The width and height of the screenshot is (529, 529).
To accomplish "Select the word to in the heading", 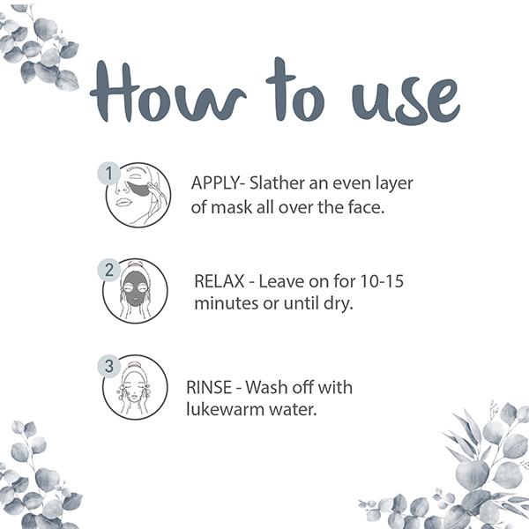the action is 295,90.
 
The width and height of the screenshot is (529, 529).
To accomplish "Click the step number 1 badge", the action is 108,174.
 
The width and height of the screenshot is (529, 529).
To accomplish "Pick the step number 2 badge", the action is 108,270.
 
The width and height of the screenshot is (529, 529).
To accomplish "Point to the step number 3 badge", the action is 108,366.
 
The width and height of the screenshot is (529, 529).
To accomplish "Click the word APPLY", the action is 215,183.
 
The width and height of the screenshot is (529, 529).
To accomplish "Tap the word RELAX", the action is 220,281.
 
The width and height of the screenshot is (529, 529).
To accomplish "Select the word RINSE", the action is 209,387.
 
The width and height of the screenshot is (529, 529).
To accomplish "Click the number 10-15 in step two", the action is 382,281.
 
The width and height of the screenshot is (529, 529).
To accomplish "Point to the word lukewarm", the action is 226,409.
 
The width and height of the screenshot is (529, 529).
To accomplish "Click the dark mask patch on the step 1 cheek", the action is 139,190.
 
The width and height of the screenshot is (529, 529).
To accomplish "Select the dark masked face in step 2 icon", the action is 135,288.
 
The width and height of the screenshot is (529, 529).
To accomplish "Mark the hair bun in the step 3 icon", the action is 135,366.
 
